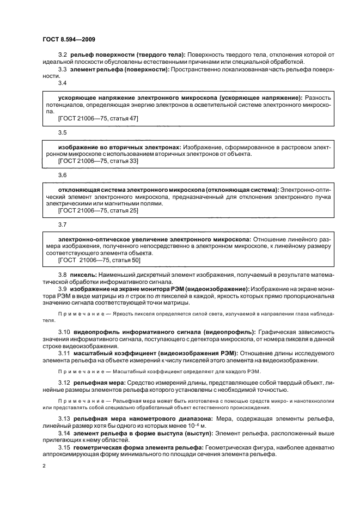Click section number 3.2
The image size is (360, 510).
(x=62, y=55)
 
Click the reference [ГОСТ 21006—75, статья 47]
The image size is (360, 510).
(x=90, y=117)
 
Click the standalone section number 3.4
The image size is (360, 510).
(x=62, y=83)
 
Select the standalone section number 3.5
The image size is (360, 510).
(x=62, y=132)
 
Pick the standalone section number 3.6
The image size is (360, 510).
(x=62, y=175)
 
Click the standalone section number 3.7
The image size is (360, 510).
(x=62, y=224)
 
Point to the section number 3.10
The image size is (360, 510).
(x=64, y=331)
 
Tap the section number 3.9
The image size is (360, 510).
(x=62, y=288)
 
